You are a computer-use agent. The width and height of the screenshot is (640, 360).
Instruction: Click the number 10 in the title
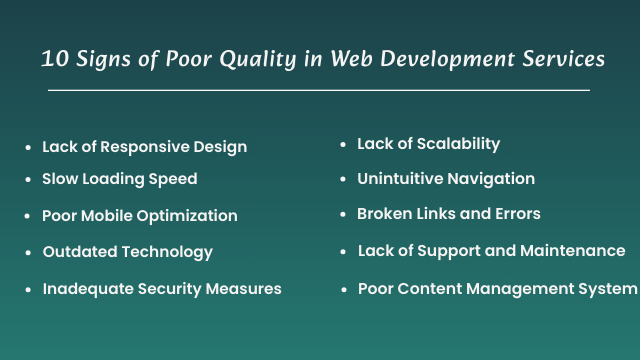pos(54,59)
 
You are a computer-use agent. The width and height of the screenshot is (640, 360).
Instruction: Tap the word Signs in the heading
pos(100,59)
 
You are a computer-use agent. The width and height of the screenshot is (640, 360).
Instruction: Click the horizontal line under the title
pos(319,90)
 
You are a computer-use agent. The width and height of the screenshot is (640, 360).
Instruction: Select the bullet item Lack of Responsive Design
pos(144,147)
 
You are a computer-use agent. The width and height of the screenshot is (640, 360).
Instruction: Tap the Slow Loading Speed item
pos(119,179)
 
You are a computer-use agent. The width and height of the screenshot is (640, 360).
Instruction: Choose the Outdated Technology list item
pos(127,252)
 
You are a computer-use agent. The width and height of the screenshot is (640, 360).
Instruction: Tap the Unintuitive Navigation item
pos(445,179)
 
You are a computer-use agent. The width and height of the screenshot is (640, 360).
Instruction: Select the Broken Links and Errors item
pos(448,214)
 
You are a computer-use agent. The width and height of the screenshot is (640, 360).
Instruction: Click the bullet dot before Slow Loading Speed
pos(28,180)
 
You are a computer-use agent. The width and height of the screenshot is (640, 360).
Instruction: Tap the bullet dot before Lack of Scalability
pos(343,145)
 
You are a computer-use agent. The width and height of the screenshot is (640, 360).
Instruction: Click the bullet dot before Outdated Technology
pos(28,253)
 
